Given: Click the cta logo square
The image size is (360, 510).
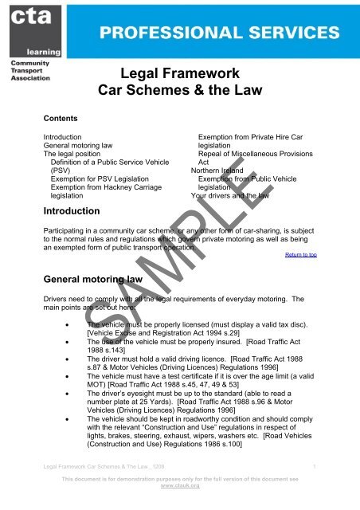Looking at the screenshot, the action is click(x=24, y=24).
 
